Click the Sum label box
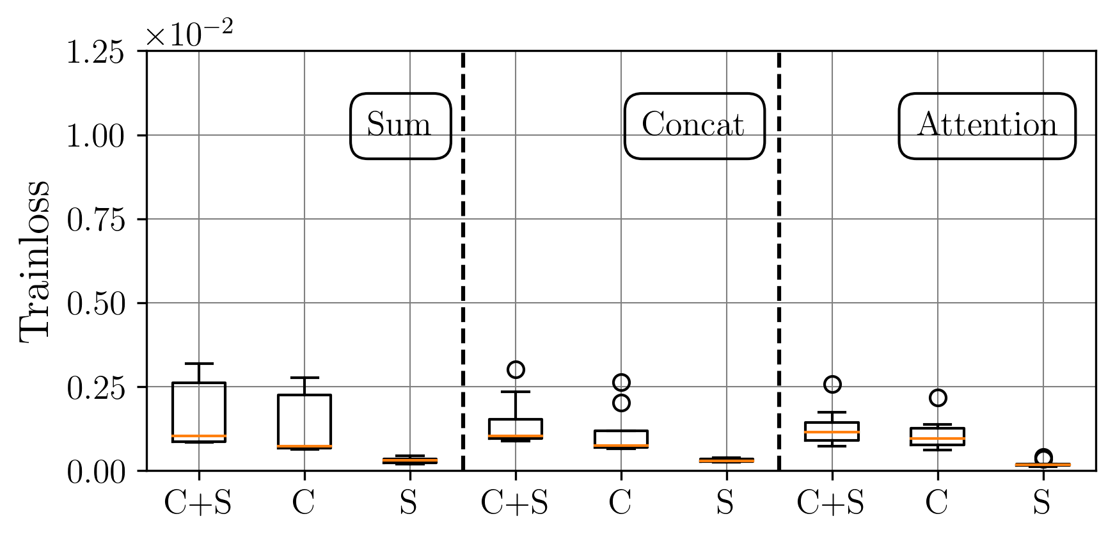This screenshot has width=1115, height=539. point(400,125)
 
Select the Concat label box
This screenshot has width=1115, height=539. point(694,125)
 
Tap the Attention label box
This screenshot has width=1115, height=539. point(986,125)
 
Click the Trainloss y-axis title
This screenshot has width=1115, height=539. point(35,261)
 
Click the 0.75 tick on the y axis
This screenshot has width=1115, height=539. point(95,220)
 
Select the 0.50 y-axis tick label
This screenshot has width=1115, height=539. point(95,303)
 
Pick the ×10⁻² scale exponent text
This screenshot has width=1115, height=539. point(189,33)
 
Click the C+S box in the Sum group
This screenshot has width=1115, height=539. point(199,412)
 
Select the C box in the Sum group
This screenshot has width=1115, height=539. point(304,421)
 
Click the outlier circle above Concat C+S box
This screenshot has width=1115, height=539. point(516,369)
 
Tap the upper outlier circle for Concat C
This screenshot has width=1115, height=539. point(621,383)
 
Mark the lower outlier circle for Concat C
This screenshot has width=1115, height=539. point(621,403)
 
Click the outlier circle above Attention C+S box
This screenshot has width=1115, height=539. point(832,384)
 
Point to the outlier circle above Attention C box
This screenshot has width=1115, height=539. point(938,398)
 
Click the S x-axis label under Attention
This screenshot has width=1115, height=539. point(1042,503)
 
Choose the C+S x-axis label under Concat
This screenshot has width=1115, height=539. point(514,503)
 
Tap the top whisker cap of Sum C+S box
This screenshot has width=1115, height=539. point(199,364)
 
